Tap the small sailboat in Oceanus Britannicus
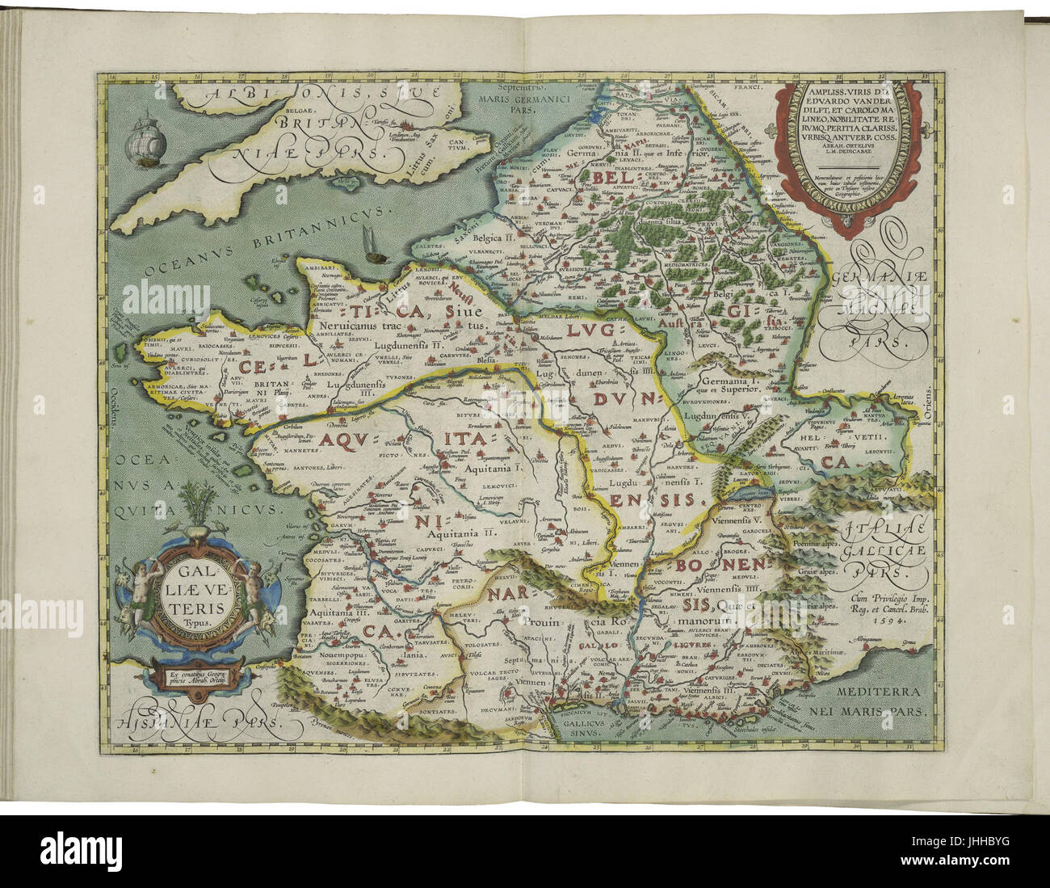(373, 246)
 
